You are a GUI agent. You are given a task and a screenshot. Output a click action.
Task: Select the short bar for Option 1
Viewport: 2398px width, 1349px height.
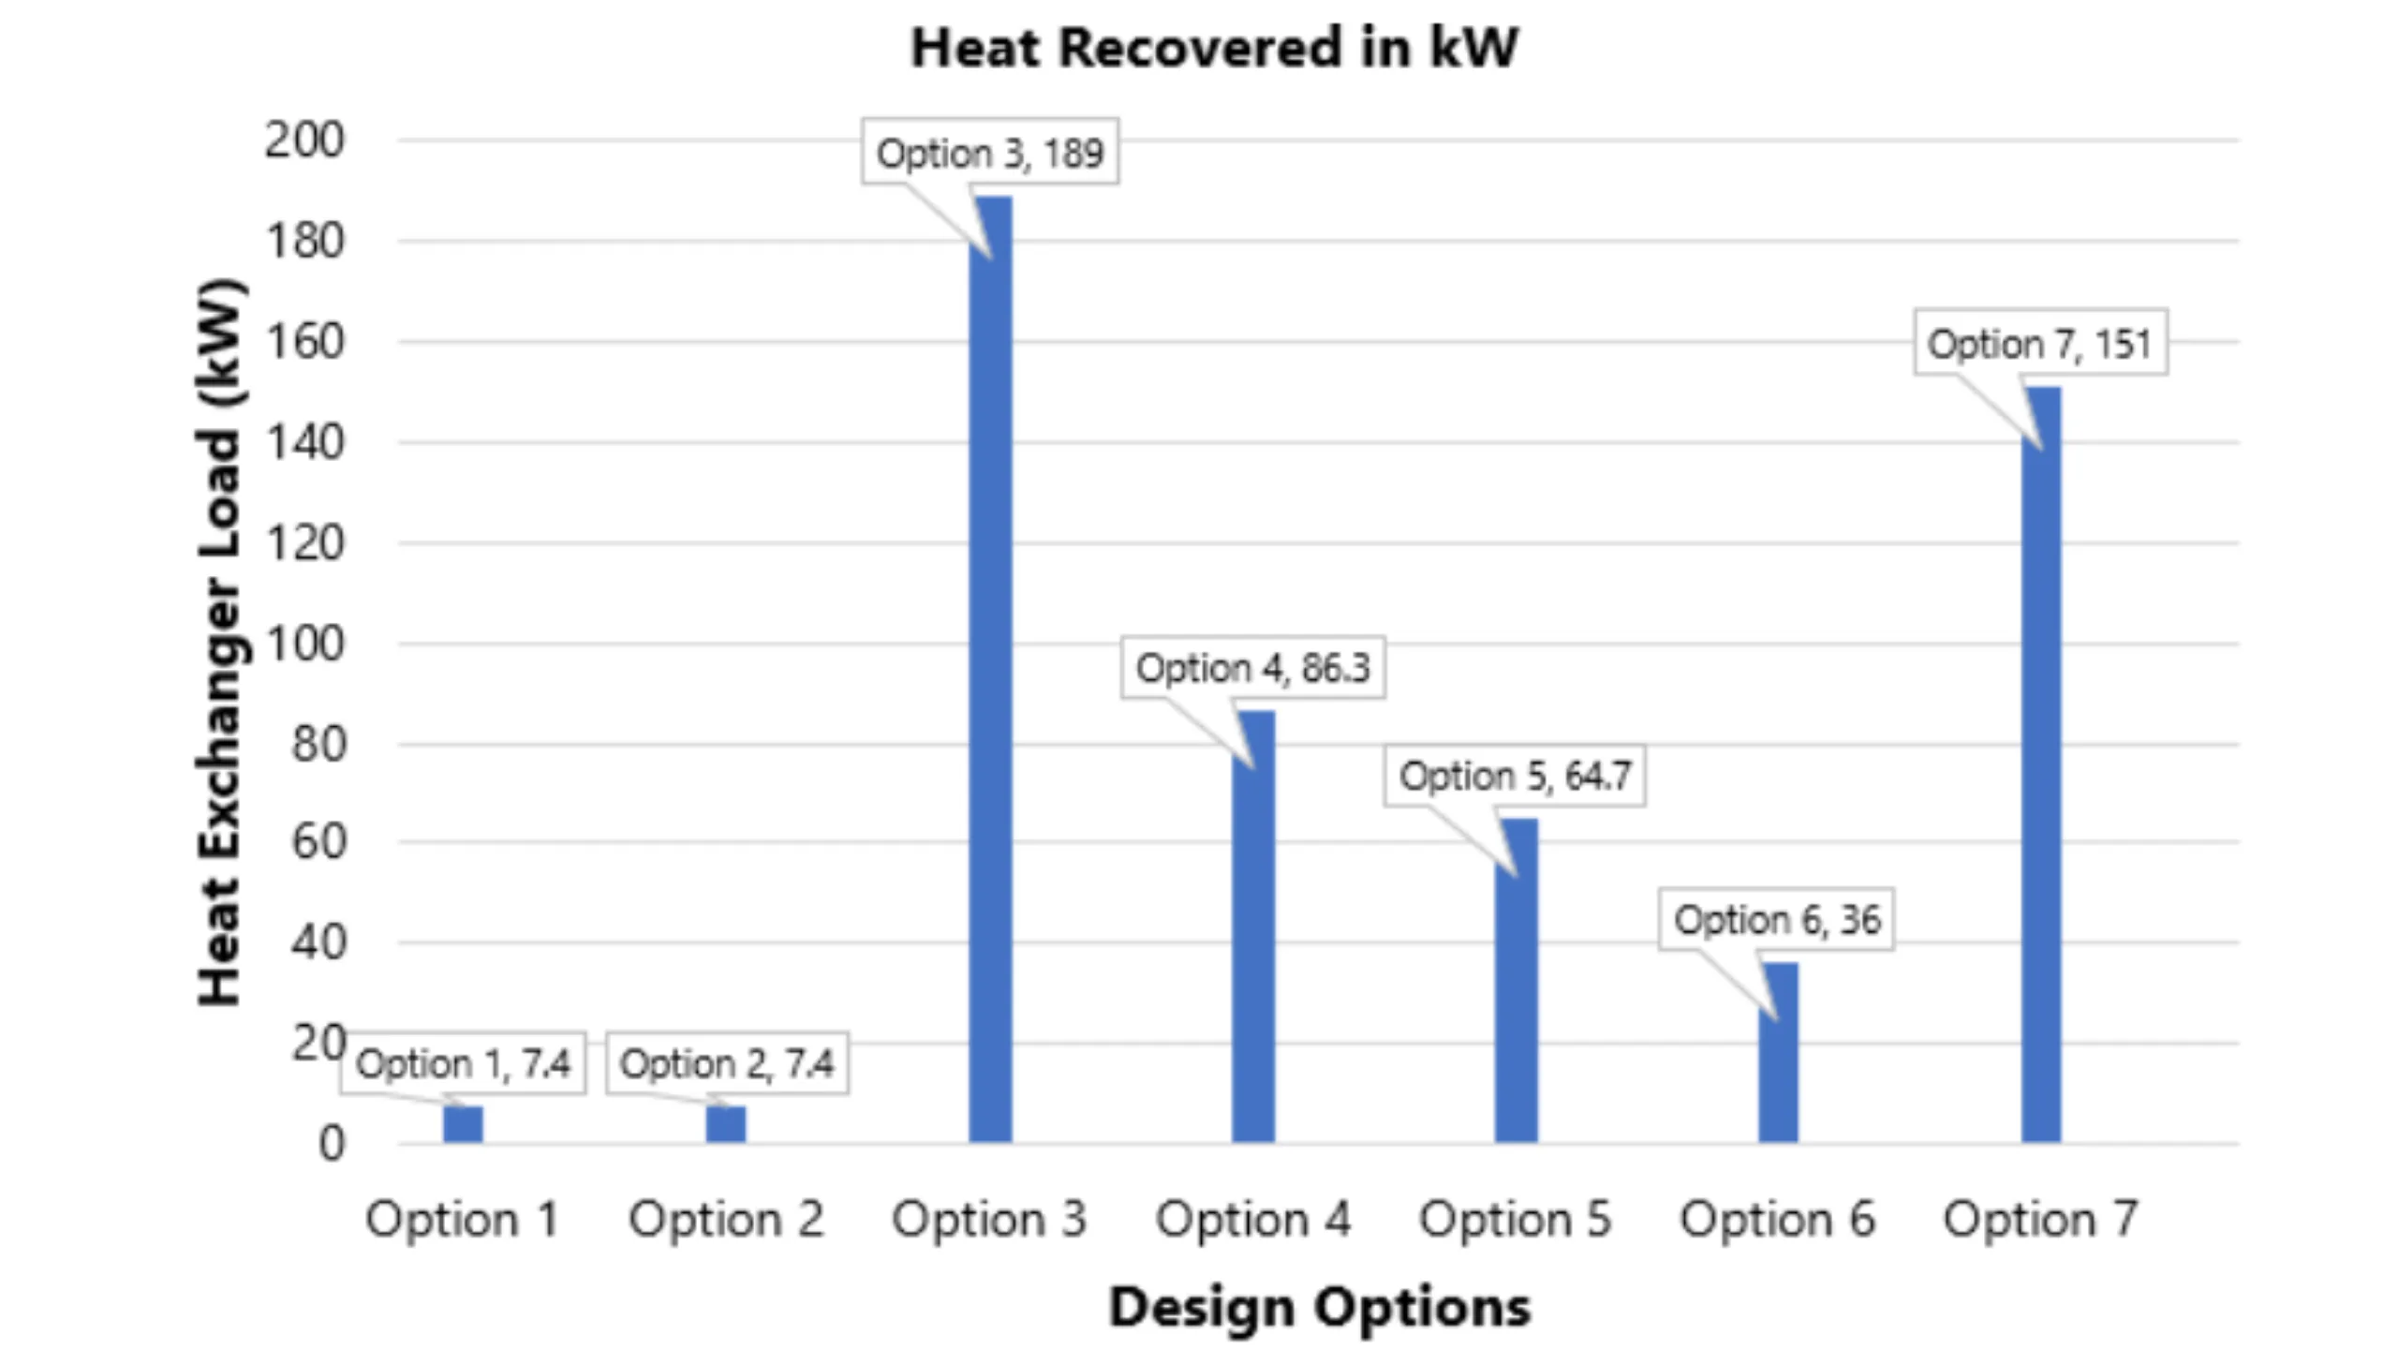click(463, 1124)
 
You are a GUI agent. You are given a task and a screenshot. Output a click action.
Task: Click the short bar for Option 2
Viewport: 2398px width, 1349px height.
click(726, 1124)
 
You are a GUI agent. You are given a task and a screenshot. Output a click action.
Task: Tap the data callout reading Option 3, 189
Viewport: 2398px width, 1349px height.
click(990, 152)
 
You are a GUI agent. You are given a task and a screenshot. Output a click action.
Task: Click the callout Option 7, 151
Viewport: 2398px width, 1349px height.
click(2040, 343)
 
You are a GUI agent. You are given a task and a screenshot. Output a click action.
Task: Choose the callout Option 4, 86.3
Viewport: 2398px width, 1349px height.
click(1253, 668)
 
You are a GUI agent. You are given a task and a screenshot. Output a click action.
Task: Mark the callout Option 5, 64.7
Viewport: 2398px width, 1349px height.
click(1515, 776)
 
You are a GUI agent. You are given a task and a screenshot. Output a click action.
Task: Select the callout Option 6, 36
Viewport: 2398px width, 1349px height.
click(1777, 919)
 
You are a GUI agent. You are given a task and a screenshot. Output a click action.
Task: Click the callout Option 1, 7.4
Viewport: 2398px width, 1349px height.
click(463, 1063)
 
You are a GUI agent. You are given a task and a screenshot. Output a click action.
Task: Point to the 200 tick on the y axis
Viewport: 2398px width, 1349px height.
click(304, 141)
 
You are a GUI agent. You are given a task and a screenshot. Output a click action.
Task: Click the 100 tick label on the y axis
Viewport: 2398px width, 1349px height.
click(304, 644)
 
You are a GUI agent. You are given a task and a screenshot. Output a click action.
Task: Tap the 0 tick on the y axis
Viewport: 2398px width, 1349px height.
click(332, 1144)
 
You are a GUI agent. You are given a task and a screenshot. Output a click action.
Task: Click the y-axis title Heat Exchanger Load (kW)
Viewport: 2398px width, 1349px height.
click(221, 642)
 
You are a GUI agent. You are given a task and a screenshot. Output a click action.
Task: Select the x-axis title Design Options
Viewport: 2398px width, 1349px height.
click(1319, 1306)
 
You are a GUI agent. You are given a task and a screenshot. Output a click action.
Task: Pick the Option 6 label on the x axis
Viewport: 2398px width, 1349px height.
click(1778, 1219)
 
